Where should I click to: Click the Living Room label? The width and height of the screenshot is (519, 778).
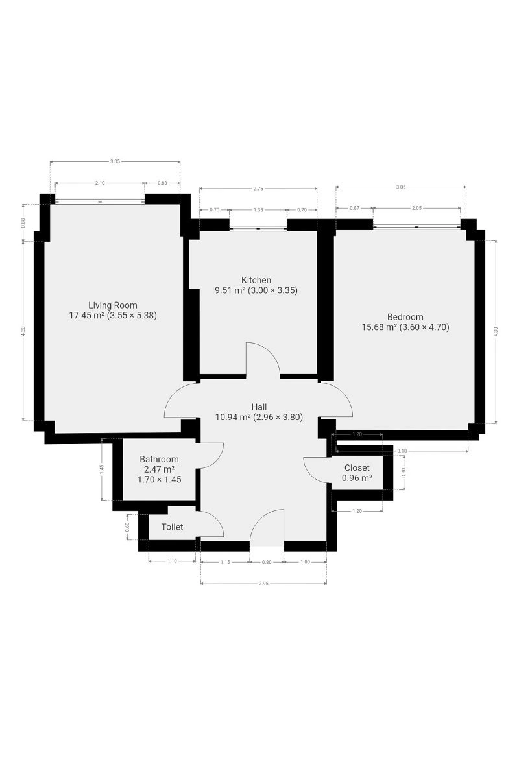point(113,305)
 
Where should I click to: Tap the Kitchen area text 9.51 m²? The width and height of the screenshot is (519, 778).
point(230,290)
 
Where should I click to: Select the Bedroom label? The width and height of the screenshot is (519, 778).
point(405,317)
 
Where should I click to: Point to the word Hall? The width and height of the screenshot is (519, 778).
point(259,407)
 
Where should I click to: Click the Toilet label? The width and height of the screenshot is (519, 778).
point(172,527)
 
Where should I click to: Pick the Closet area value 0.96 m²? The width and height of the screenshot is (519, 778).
point(357,478)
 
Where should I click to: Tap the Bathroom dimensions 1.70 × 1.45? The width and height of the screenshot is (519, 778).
point(160,480)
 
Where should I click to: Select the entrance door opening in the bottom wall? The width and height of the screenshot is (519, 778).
point(267,546)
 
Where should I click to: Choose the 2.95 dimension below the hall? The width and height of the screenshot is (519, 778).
point(263,583)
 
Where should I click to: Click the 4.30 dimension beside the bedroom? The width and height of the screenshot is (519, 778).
point(496,332)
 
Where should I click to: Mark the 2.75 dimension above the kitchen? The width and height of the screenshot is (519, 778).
point(258,189)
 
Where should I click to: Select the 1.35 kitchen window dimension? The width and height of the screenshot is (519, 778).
point(258,210)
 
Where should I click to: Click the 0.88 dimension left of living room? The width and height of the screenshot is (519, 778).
point(23,222)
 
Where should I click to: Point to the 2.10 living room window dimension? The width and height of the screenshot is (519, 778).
point(100,183)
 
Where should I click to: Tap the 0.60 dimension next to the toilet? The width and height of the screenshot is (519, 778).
point(127,526)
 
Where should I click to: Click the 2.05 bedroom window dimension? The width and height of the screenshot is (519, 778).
point(416,208)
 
